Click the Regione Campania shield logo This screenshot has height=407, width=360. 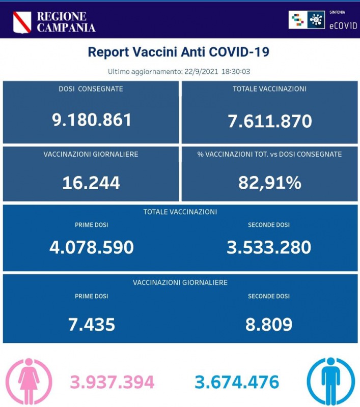(22, 22)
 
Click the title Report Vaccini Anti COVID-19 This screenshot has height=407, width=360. (179, 52)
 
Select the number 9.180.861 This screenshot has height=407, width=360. (92, 120)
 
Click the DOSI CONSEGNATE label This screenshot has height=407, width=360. (91, 89)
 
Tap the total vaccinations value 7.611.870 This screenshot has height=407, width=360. (269, 121)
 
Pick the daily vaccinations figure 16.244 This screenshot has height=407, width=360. (92, 182)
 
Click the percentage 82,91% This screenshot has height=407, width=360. (269, 182)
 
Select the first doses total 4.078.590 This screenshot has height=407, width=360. (92, 247)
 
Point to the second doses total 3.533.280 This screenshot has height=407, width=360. (269, 247)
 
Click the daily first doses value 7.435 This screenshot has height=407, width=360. (92, 323)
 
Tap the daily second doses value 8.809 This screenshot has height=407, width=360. (269, 323)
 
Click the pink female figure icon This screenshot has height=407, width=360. (27, 382)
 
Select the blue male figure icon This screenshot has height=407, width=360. (330, 382)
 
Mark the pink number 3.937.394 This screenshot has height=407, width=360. (112, 382)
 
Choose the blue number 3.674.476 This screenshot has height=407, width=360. (237, 382)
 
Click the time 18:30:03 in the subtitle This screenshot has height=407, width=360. (235, 72)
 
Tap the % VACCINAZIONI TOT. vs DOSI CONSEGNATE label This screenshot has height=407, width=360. (269, 154)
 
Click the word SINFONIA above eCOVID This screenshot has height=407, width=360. (341, 11)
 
